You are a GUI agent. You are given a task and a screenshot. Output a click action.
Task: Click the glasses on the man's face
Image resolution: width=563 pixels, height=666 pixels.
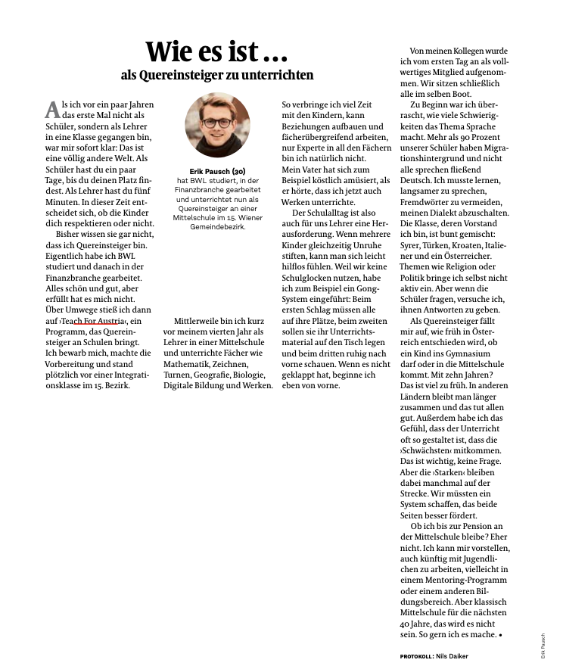point(216,122)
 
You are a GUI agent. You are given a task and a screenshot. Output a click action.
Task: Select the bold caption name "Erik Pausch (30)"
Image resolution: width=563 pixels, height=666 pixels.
point(217,171)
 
